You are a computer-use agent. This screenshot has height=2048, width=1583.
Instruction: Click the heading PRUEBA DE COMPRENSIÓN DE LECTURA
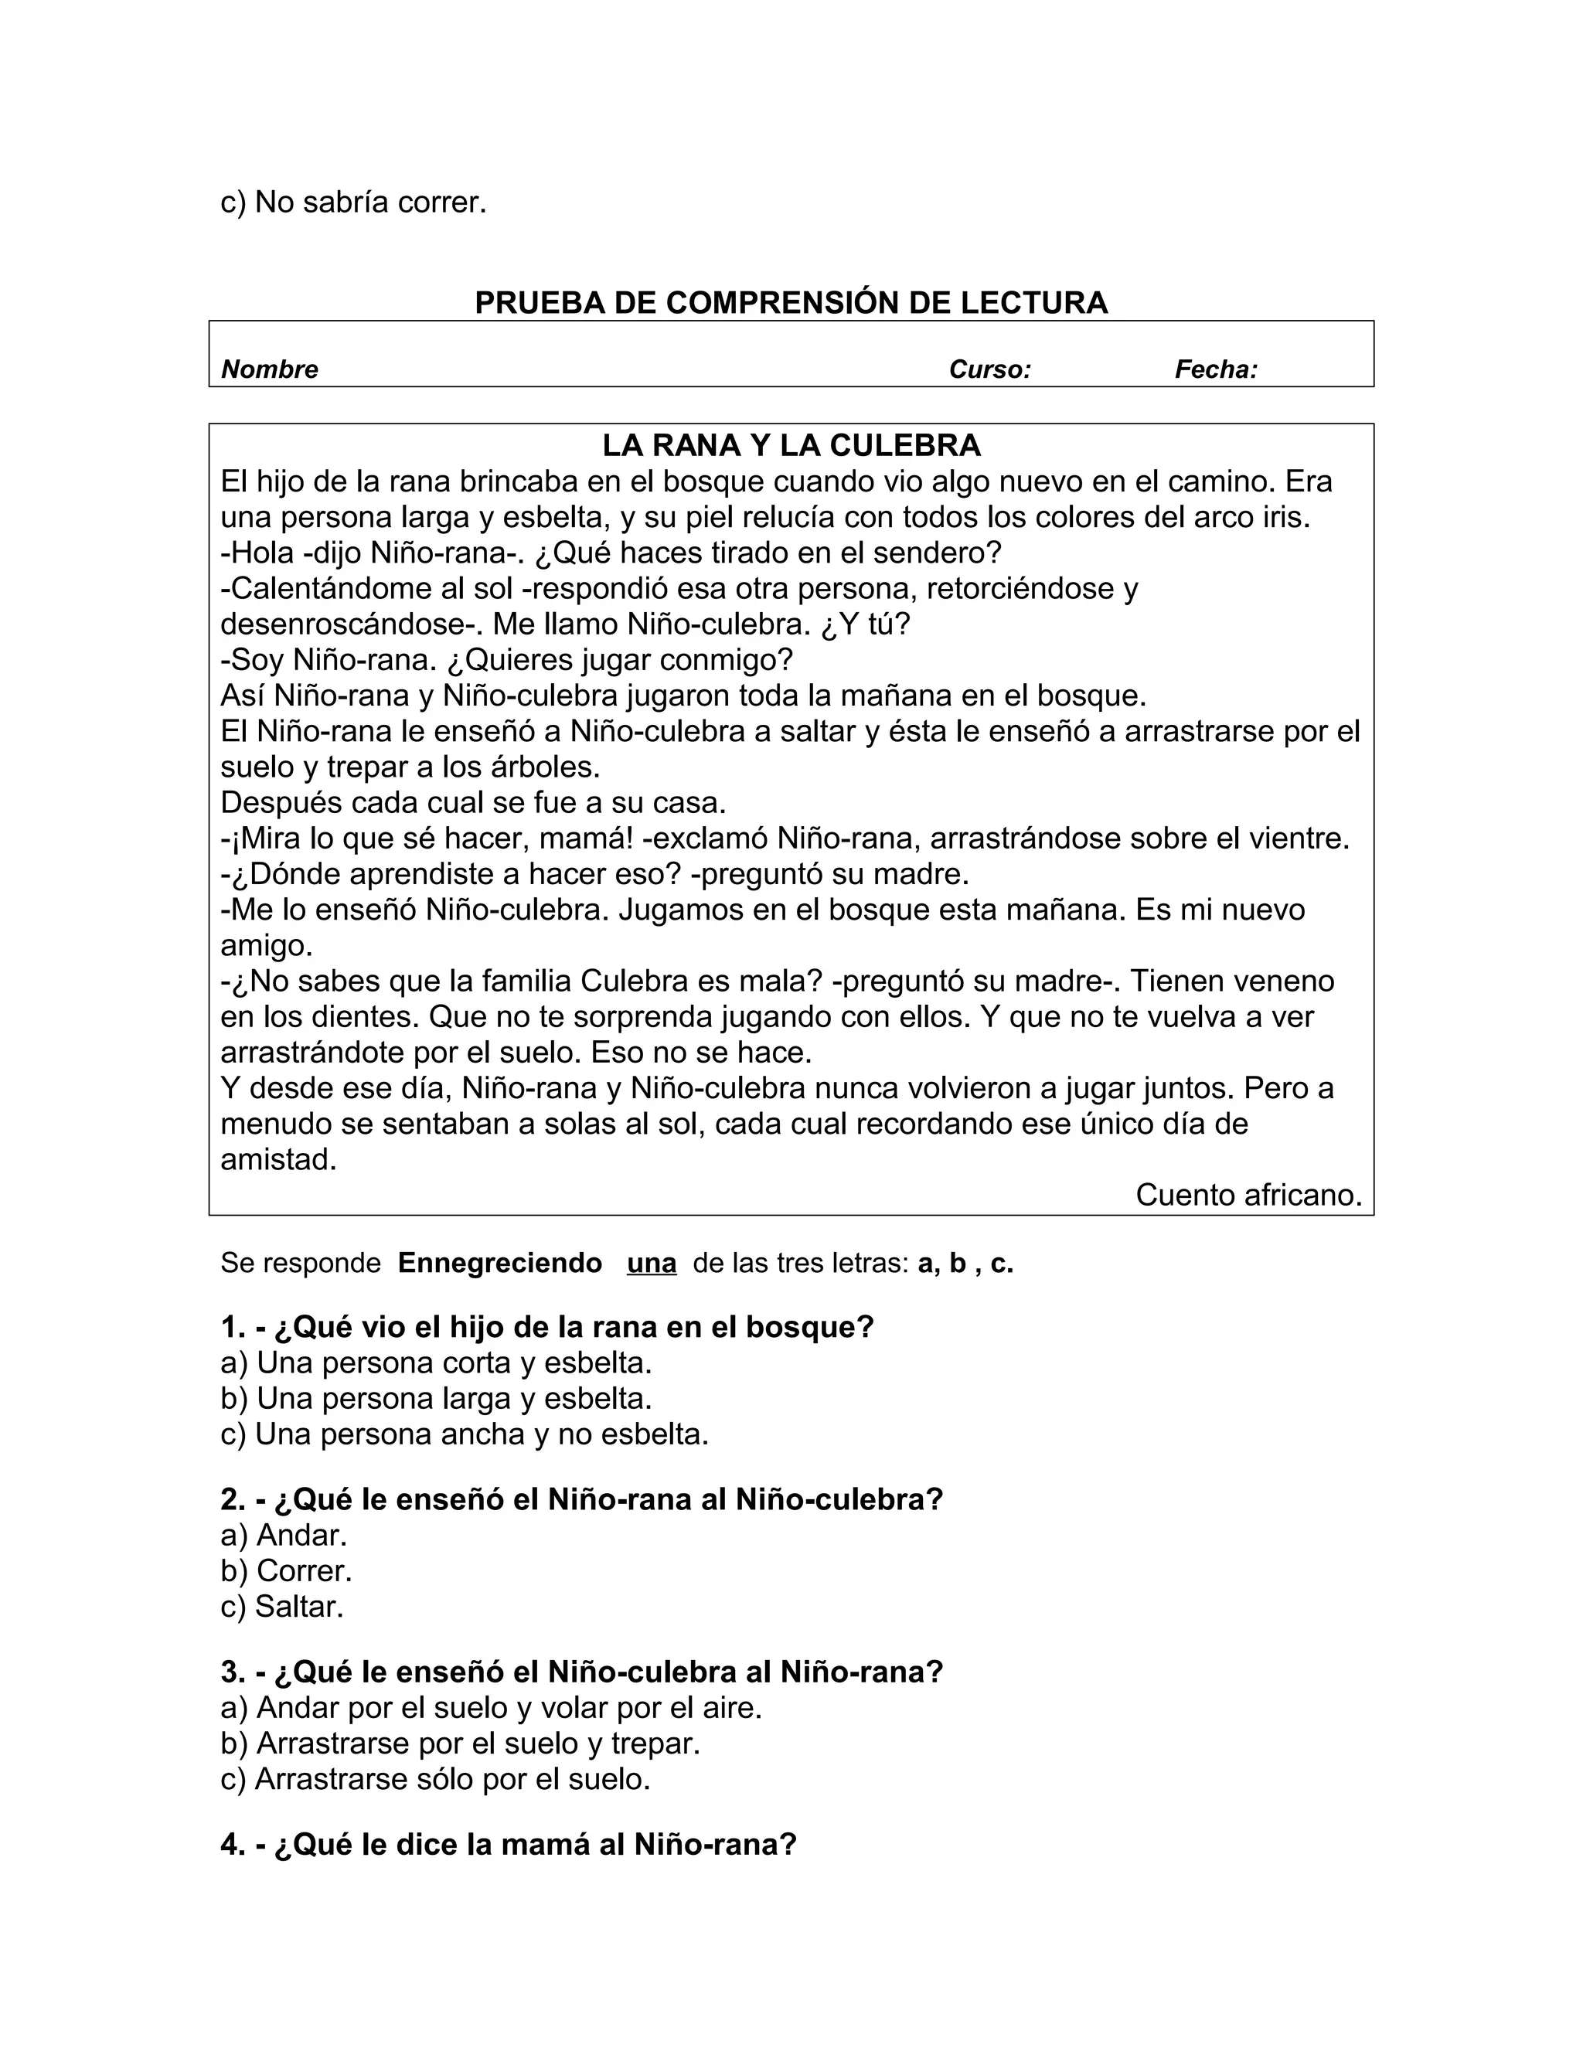pyautogui.click(x=791, y=303)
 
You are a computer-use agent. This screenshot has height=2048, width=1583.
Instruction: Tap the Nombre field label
pyautogui.click(x=269, y=369)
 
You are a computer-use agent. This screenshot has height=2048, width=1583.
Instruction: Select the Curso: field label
pyautogui.click(x=989, y=369)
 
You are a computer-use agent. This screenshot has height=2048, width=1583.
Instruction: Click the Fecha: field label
pyautogui.click(x=1215, y=369)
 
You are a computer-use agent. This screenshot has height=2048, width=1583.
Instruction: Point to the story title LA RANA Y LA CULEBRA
pyautogui.click(x=791, y=444)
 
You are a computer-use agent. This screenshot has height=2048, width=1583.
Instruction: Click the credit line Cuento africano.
pyautogui.click(x=1248, y=1195)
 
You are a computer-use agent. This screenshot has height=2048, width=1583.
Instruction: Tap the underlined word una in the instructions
pyautogui.click(x=651, y=1263)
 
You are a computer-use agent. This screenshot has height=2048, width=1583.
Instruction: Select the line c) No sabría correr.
pyautogui.click(x=353, y=202)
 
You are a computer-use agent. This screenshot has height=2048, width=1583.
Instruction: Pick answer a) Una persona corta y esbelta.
pyautogui.click(x=436, y=1362)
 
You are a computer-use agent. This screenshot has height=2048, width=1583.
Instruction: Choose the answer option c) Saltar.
pyautogui.click(x=282, y=1607)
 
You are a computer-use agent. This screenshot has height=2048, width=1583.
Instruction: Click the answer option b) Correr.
pyautogui.click(x=286, y=1570)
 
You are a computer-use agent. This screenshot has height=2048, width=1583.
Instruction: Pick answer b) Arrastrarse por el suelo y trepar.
pyautogui.click(x=461, y=1744)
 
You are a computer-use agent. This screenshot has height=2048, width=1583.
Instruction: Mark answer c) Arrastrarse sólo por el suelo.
pyautogui.click(x=435, y=1779)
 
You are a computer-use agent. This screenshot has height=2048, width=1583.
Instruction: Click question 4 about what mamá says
pyautogui.click(x=509, y=1845)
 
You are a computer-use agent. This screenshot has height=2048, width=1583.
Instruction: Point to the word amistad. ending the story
pyautogui.click(x=278, y=1160)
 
